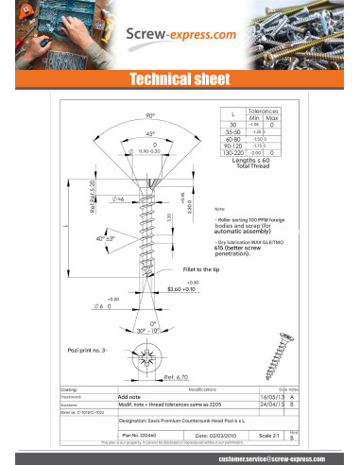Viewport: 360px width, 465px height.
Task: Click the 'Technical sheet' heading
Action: [x=180, y=80]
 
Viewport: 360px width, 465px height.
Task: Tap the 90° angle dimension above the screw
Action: [x=149, y=115]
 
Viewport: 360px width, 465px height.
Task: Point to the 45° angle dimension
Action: [x=150, y=134]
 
